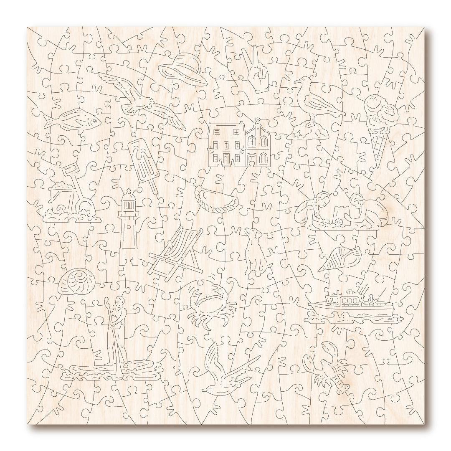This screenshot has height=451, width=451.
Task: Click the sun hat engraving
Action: [x=182, y=69]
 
